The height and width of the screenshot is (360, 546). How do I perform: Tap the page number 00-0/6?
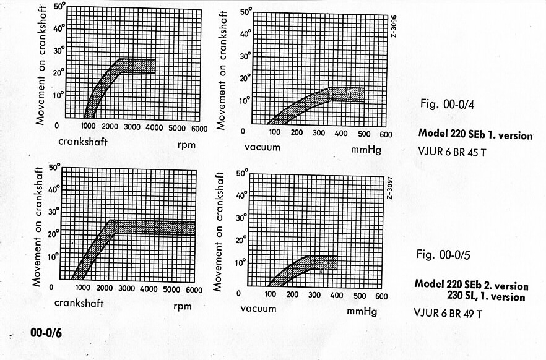tap(46, 333)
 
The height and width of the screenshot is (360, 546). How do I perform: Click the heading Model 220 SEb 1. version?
tap(475, 134)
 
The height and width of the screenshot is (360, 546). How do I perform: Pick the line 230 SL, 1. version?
tap(486, 297)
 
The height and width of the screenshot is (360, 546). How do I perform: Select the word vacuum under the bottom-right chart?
tap(258, 309)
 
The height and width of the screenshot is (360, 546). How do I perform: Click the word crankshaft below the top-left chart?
tap(82, 141)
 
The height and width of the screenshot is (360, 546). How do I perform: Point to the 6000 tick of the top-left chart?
tap(199, 128)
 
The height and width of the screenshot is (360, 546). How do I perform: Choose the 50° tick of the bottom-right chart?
tap(242, 174)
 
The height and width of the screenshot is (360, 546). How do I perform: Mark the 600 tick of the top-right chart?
tap(384, 134)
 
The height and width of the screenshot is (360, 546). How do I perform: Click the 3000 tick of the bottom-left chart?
tap(127, 289)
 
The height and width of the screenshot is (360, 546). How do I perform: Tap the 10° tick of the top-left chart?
tap(59, 95)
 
